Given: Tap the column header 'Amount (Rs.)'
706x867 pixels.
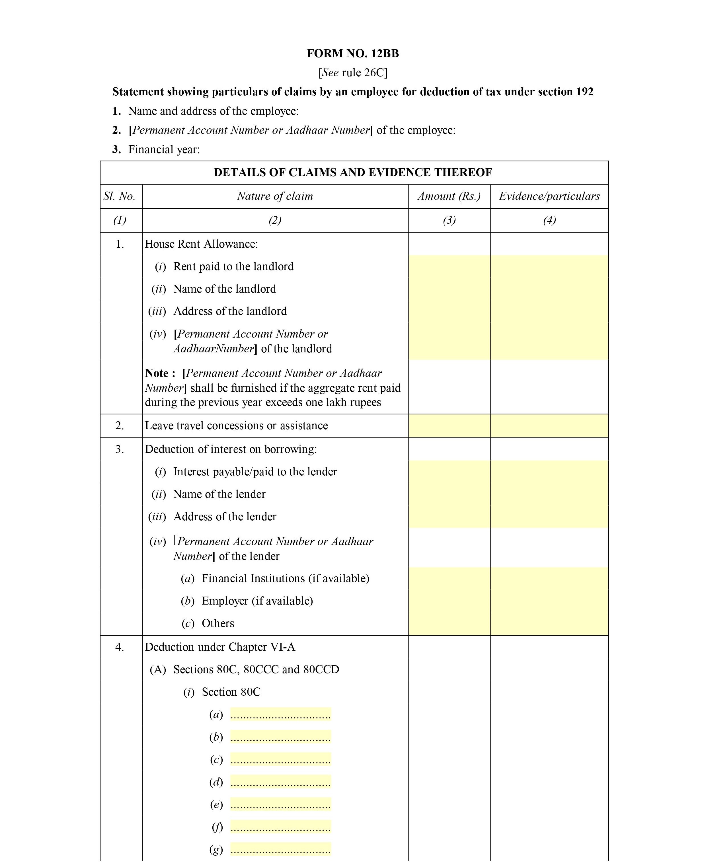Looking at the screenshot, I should tap(449, 196).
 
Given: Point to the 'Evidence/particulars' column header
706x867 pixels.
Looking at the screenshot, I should tap(549, 196).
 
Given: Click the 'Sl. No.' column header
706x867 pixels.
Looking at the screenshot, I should tap(119, 196).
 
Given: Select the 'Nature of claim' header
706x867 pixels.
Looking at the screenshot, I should tap(275, 196).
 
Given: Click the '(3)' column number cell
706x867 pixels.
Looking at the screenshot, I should tap(449, 220).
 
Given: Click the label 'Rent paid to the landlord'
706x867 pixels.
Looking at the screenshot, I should tap(233, 266).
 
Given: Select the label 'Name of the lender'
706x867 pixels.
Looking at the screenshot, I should tap(219, 494).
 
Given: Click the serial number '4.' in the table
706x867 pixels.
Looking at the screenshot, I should tap(119, 647).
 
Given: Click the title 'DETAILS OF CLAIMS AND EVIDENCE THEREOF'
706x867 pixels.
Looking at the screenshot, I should tap(353, 172).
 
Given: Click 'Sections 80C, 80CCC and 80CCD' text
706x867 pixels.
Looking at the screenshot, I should tap(256, 669).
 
